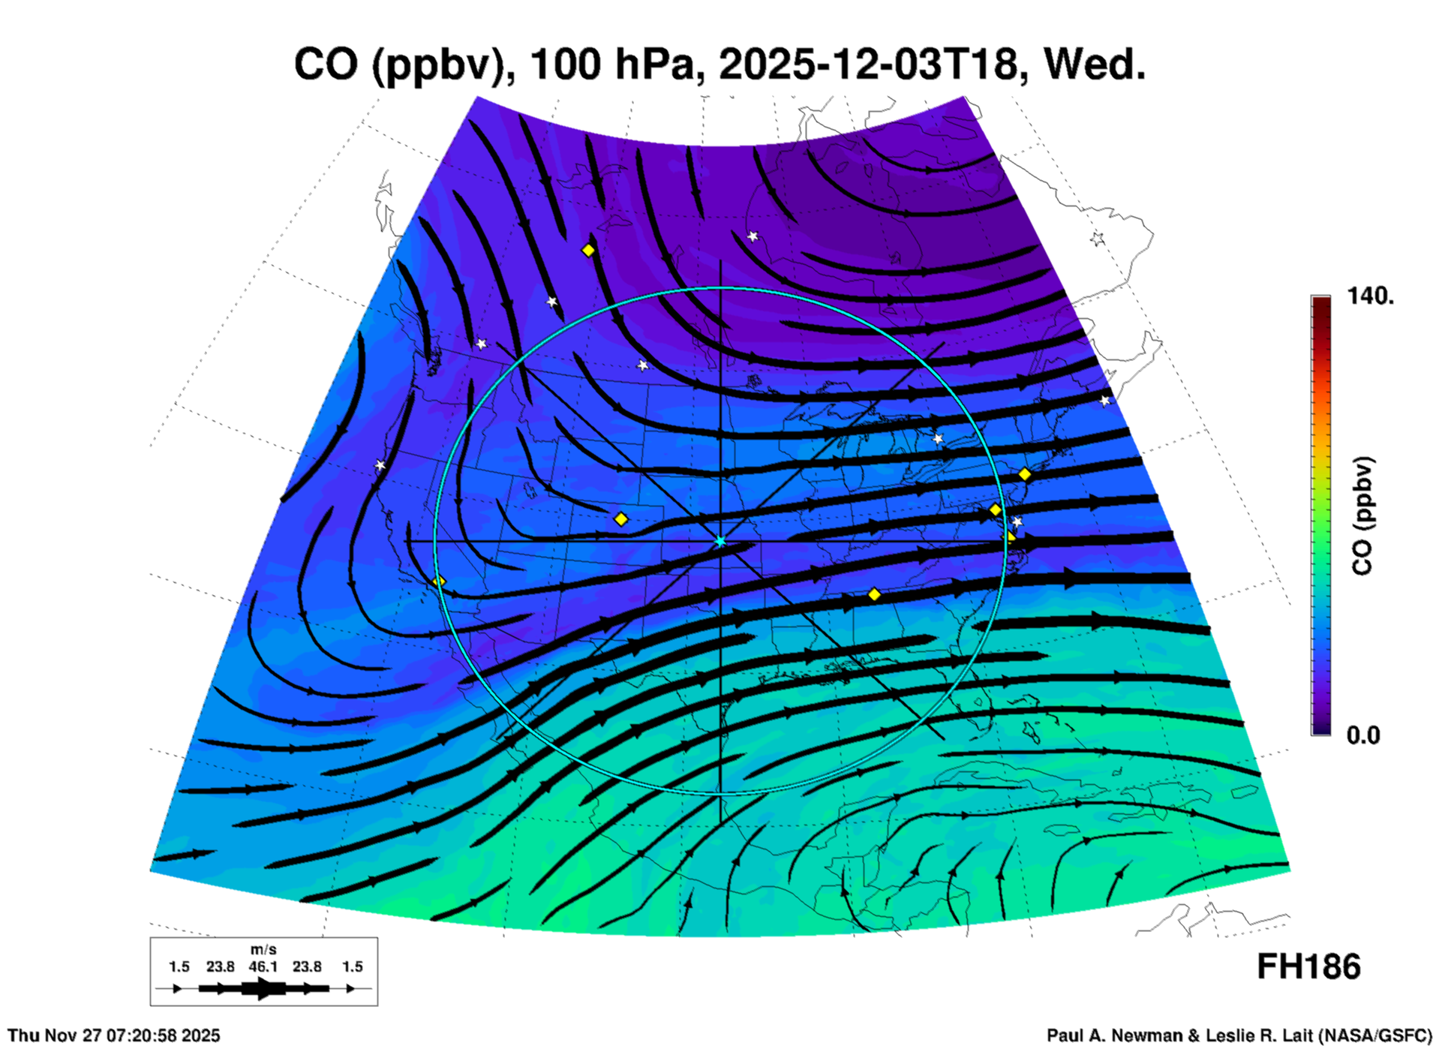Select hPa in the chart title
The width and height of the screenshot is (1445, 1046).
[x=660, y=65]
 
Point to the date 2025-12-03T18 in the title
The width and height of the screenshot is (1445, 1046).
[x=868, y=65]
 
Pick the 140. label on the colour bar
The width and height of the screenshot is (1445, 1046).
[x=1370, y=296]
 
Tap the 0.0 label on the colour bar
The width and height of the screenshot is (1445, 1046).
[x=1363, y=735]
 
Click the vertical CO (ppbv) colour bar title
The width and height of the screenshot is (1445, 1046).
[x=1362, y=515]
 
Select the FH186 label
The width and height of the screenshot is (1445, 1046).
[x=1308, y=967]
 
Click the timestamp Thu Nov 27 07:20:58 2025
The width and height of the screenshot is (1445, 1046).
[x=114, y=1035]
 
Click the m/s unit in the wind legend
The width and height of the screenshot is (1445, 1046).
[x=263, y=950]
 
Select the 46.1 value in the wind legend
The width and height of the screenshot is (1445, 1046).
[x=263, y=966]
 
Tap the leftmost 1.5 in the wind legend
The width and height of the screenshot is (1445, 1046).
[x=179, y=966]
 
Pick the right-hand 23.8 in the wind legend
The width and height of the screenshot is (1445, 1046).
[x=307, y=966]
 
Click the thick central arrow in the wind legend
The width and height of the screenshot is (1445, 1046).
[x=263, y=988]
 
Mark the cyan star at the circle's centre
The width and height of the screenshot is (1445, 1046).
[x=720, y=541]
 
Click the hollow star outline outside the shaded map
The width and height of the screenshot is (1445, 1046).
[x=1098, y=239]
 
